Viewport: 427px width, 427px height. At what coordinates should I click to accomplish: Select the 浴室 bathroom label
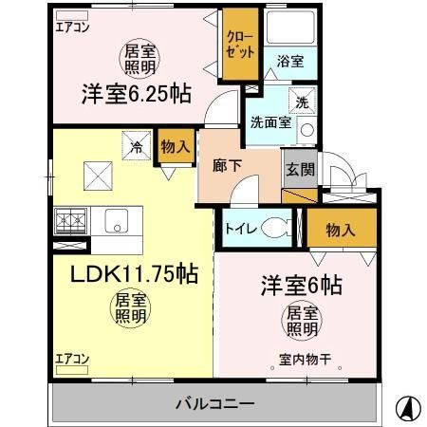[289, 61]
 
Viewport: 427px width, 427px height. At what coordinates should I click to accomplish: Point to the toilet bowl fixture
[278, 228]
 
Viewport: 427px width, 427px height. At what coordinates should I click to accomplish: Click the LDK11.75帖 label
[134, 275]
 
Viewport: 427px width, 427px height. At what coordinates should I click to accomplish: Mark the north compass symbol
[404, 407]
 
